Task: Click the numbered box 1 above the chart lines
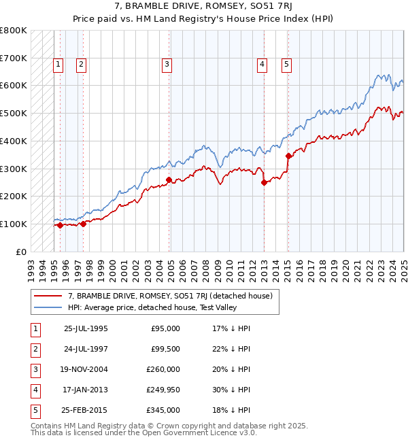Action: tap(58, 65)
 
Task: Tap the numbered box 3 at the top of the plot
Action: tap(167, 65)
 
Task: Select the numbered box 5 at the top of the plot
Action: tap(286, 65)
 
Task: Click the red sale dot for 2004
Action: tap(169, 180)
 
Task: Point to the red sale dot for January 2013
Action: tap(264, 182)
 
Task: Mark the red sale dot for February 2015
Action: tap(288, 156)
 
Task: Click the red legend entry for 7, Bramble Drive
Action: tap(170, 296)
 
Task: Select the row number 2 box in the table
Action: tap(35, 349)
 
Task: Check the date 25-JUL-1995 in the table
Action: tap(85, 328)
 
